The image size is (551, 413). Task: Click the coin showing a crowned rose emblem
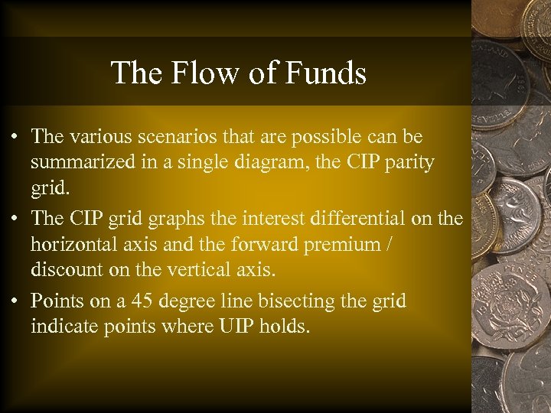(x=514, y=295)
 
